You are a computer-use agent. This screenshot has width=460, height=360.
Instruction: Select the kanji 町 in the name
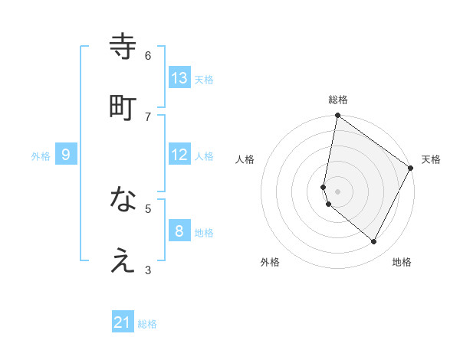(123, 106)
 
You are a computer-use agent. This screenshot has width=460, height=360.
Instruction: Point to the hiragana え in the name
(123, 261)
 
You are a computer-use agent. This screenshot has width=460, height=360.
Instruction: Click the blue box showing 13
(179, 78)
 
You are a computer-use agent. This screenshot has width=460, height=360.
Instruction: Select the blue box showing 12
(179, 155)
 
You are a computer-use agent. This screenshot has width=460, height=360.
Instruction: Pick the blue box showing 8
(179, 231)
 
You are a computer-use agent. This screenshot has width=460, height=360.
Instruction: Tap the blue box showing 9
(66, 155)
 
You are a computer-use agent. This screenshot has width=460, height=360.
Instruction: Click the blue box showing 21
(123, 322)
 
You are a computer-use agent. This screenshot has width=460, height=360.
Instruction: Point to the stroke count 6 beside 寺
(148, 56)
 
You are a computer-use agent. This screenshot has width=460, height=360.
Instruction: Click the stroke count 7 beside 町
(148, 116)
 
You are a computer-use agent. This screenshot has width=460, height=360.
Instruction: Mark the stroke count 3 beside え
(148, 270)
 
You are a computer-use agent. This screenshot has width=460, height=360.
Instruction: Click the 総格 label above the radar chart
(338, 100)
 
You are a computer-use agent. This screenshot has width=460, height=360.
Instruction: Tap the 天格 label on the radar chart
(431, 159)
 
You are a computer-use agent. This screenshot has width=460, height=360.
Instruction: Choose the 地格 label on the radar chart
(402, 262)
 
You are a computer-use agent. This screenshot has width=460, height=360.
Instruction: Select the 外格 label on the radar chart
(270, 262)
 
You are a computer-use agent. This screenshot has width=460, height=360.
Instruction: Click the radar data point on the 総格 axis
(337, 116)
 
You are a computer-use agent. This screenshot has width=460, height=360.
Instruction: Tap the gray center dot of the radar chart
(337, 191)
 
